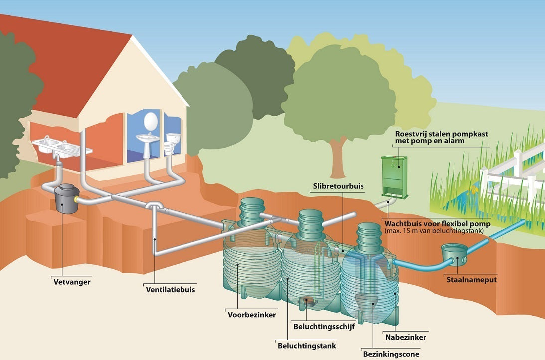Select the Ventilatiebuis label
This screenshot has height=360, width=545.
pyautogui.click(x=170, y=289)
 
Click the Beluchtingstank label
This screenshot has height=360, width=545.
pyautogui.click(x=306, y=345)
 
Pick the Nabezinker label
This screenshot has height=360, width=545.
pyautogui.click(x=405, y=337)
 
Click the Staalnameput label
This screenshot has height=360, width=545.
pyautogui.click(x=471, y=280)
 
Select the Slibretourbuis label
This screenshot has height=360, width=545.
pyautogui.click(x=339, y=186)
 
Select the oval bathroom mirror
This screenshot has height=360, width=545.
pyautogui.click(x=150, y=121)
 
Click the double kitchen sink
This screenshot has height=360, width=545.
pyautogui.click(x=59, y=146)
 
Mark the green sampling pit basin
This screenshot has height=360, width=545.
pyautogui.click(x=454, y=254)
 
